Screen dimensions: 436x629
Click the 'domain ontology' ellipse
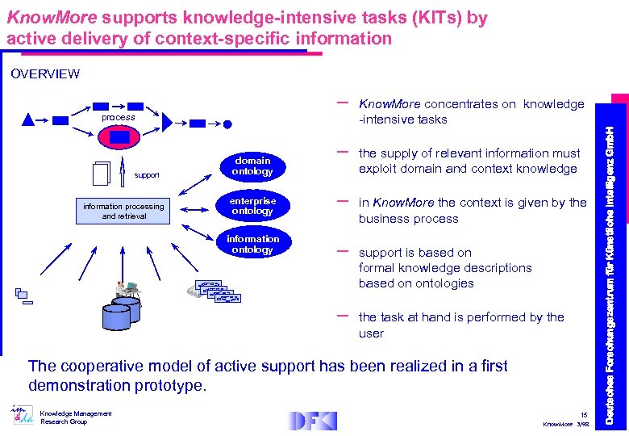[x=252, y=166]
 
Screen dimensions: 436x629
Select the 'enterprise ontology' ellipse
[x=252, y=206]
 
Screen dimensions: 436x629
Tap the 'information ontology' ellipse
[x=252, y=244]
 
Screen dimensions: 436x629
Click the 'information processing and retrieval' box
[x=124, y=211]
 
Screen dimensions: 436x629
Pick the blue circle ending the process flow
[x=227, y=124]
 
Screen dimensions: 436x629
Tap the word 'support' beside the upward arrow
[x=147, y=175]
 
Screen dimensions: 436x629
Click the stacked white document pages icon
[x=102, y=172]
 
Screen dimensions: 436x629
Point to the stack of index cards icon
[x=214, y=291]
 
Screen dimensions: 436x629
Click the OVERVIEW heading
[x=45, y=74]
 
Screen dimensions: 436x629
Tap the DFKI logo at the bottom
[x=311, y=420]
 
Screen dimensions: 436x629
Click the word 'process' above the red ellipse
[x=119, y=117]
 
